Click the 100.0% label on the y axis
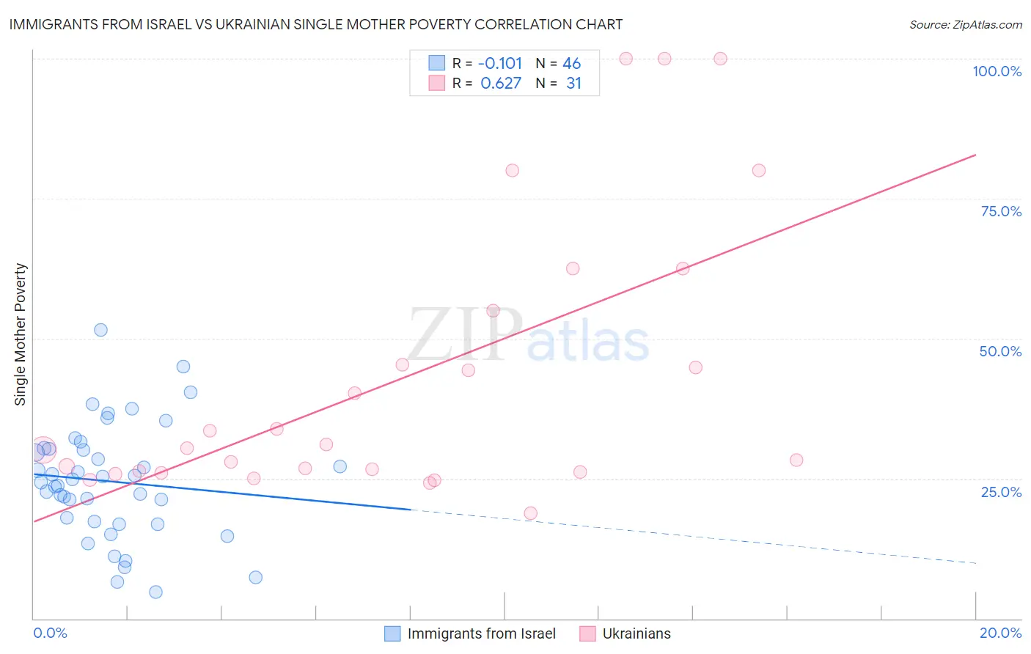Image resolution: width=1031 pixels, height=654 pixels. click(997, 71)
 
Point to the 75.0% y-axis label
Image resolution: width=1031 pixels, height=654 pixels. click(1001, 211)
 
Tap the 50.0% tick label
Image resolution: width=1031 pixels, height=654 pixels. click(1000, 351)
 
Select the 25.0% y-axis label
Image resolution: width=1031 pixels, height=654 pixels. click(1001, 492)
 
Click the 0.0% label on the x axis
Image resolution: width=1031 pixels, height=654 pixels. click(50, 633)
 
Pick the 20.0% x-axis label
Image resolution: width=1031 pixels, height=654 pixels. click(1000, 633)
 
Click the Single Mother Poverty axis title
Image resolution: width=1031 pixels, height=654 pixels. click(21, 334)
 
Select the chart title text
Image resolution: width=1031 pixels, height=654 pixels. click(316, 24)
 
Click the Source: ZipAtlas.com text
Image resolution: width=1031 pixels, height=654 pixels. click(965, 24)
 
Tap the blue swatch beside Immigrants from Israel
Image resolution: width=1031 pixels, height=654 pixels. click(393, 633)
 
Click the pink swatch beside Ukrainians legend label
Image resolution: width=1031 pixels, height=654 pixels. click(587, 633)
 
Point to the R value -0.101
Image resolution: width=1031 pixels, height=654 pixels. click(500, 63)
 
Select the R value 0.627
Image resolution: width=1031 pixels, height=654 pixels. click(501, 84)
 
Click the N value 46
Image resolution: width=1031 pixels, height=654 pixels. click(571, 63)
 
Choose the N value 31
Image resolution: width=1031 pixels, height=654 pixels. click(573, 84)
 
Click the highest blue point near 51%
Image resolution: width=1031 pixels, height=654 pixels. click(101, 330)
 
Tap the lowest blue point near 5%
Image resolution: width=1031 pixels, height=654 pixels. click(155, 592)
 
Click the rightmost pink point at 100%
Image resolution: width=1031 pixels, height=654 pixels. click(720, 59)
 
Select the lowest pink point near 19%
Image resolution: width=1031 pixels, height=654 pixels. click(530, 513)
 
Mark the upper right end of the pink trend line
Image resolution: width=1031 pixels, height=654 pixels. click(975, 155)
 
